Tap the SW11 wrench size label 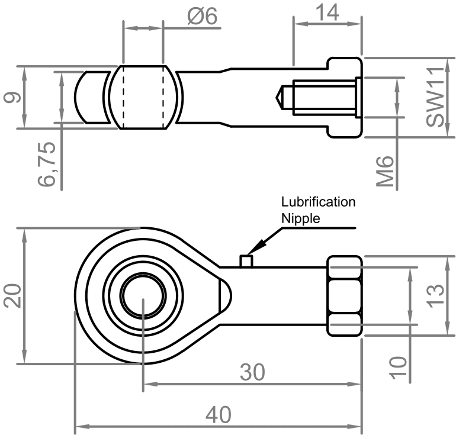click(437, 99)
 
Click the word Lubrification click(318, 202)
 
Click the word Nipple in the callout click(300, 218)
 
